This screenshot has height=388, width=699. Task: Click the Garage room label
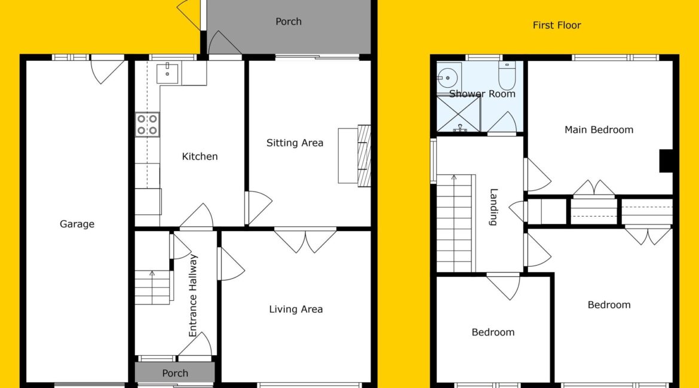pyautogui.click(x=77, y=224)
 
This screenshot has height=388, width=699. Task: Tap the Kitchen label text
pyautogui.click(x=200, y=156)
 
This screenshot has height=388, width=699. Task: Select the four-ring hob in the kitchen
pyautogui.click(x=147, y=124)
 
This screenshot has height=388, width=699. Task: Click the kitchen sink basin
pyautogui.click(x=167, y=73)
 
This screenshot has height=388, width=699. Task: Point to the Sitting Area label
pyautogui.click(x=295, y=143)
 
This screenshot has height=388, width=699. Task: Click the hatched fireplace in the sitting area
pyautogui.click(x=364, y=155)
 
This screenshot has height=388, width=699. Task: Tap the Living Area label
pyautogui.click(x=296, y=309)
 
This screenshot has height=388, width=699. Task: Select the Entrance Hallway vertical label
pyautogui.click(x=192, y=295)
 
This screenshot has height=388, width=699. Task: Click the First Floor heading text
pyautogui.click(x=557, y=26)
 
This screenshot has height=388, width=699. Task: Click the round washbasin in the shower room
pyautogui.click(x=447, y=78)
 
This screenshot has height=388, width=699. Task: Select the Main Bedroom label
pyautogui.click(x=599, y=130)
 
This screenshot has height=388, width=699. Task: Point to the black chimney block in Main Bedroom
pyautogui.click(x=666, y=161)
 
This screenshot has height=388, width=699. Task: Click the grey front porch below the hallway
pyautogui.click(x=174, y=372)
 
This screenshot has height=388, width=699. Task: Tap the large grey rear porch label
pyautogui.click(x=289, y=21)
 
